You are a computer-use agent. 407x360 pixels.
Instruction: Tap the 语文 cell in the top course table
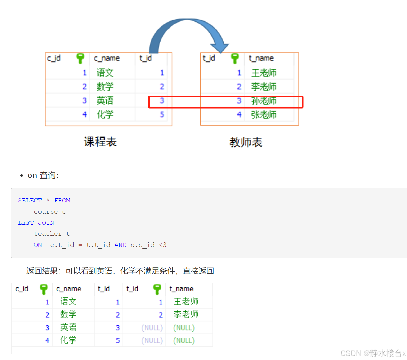point(105,73)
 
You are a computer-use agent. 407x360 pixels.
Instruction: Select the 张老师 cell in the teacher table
point(264,115)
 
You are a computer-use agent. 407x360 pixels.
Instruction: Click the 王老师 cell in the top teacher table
point(264,73)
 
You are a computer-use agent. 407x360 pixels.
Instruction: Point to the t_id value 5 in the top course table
point(162,114)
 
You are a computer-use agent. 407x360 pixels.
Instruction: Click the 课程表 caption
point(100,142)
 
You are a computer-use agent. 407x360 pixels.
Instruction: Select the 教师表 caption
point(246,142)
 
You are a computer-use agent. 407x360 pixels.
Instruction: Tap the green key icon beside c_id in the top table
point(80,58)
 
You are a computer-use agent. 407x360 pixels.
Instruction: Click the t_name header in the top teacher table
point(261,58)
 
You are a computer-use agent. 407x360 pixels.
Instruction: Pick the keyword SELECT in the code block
point(30,201)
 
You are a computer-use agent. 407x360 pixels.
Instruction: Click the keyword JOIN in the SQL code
point(46,223)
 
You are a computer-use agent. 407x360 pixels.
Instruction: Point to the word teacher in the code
point(48,234)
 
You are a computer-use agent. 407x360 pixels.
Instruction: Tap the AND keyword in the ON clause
point(120,245)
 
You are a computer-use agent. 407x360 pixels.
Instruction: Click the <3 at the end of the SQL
point(163,245)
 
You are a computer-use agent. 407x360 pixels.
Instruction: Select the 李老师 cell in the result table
point(186,314)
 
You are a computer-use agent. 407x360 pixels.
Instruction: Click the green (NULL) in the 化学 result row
point(184,340)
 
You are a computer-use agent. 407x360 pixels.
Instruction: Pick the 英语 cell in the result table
point(68,327)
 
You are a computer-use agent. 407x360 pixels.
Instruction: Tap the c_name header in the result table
point(69,289)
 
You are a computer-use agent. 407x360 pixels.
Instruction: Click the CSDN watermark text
point(373,353)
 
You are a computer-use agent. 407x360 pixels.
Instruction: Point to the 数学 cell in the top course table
point(105,87)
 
